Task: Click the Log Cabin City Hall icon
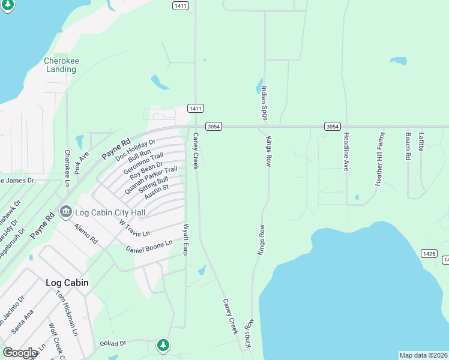point(66,212)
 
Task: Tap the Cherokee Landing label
point(61,65)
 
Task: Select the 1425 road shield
point(429,253)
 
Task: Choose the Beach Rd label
point(408,146)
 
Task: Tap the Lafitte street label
point(421,142)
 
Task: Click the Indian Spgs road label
point(264,103)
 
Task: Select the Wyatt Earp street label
point(186,239)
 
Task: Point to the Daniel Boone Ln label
point(149,245)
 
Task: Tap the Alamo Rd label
point(85,233)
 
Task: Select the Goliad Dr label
point(113,343)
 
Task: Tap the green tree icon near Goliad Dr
point(163,345)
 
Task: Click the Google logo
point(20,353)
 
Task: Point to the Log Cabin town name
point(67,282)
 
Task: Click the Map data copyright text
point(423,355)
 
